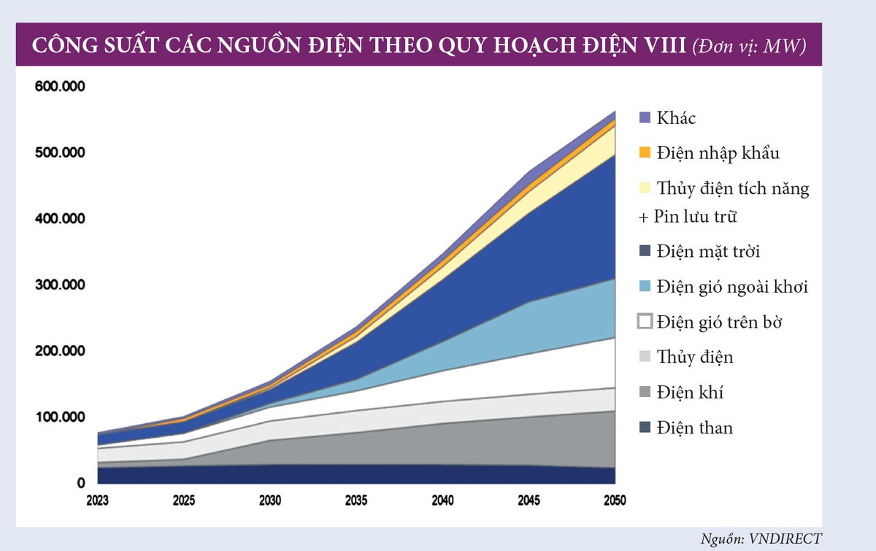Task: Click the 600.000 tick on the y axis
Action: point(61,86)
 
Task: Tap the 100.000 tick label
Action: point(61,417)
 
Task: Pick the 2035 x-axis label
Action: point(357,501)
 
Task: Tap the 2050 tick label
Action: point(615,501)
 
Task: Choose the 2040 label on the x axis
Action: point(443,501)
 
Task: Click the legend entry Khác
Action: point(676,117)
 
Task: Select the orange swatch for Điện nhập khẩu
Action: point(644,153)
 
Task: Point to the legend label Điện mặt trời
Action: point(708,252)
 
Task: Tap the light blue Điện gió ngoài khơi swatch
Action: point(644,286)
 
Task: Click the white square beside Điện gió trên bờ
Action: point(644,321)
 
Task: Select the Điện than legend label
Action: point(694,428)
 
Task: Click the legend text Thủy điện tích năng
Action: point(732,188)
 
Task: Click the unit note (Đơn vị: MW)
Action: point(750,45)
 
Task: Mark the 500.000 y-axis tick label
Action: point(61,153)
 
